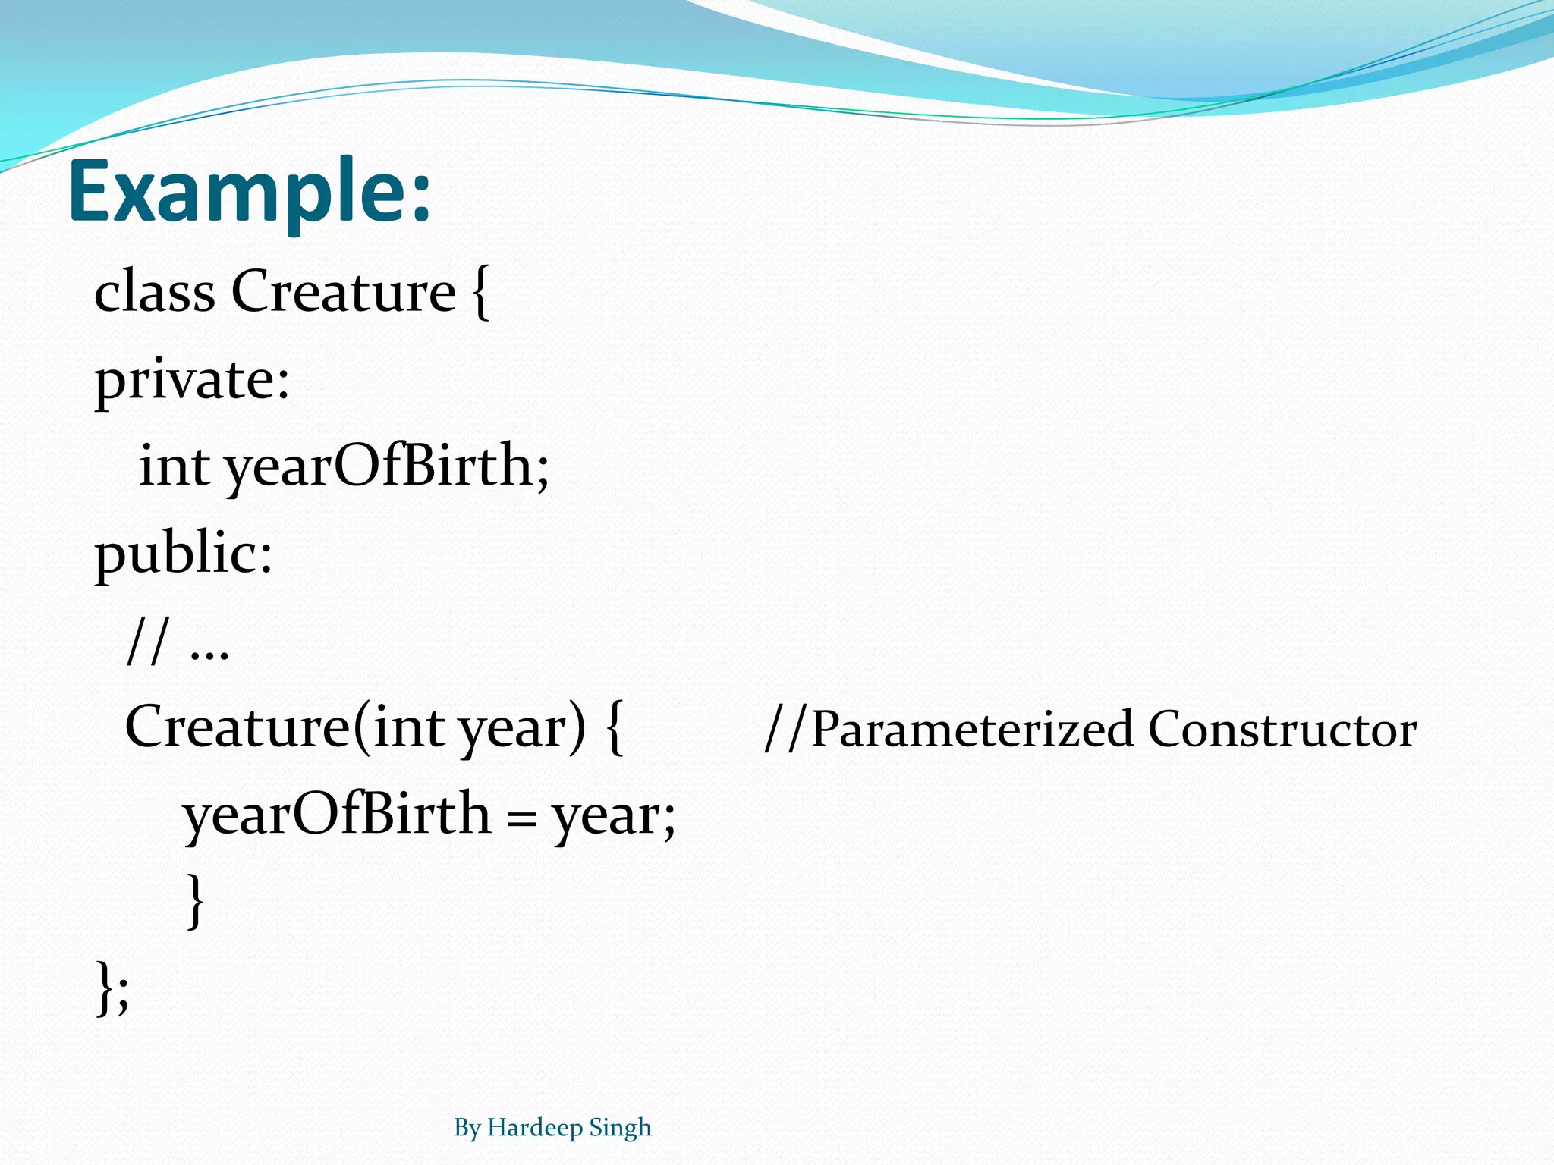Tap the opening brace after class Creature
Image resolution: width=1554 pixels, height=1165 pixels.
480,293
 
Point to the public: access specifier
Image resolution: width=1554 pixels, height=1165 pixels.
183,554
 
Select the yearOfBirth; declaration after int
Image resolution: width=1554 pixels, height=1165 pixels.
387,466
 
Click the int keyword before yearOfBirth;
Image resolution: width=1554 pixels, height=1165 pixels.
175,466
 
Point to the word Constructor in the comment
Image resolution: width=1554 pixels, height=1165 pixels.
1282,730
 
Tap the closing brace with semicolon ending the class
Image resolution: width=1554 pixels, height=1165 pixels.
112,988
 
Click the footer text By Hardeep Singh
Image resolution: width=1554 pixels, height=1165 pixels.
552,1128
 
